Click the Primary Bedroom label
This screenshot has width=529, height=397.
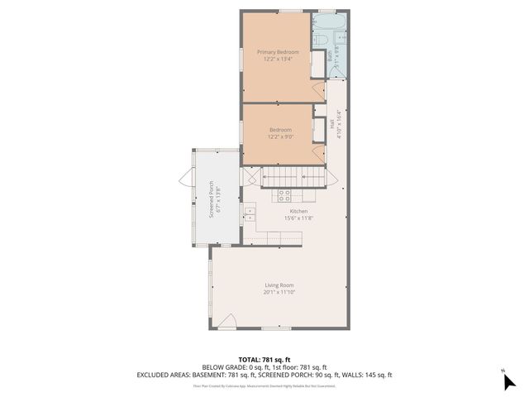pos(277,51)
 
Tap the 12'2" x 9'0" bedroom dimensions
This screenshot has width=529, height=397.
pos(279,136)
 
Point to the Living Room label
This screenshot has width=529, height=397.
pos(279,285)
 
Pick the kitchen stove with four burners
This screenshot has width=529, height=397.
pos(284,196)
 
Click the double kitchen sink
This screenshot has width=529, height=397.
pos(249,214)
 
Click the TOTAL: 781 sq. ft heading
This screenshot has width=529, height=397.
pos(264,359)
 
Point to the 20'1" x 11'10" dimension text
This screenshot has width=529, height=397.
pos(279,292)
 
